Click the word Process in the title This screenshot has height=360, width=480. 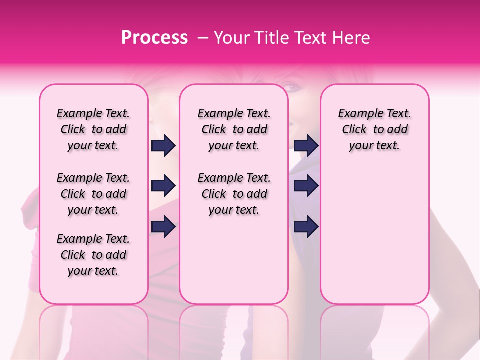pyautogui.click(x=154, y=38)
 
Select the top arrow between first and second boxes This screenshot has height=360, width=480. pyautogui.click(x=163, y=146)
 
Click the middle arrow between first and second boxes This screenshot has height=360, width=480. pyautogui.click(x=163, y=186)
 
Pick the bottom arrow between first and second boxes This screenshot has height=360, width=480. pyautogui.click(x=163, y=227)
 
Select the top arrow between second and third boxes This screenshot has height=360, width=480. pyautogui.click(x=306, y=146)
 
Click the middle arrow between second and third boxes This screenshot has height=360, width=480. pyautogui.click(x=306, y=186)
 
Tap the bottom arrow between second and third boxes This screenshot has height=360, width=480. pyautogui.click(x=306, y=227)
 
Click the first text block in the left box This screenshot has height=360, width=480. pyautogui.click(x=93, y=129)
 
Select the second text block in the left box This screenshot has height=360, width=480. pyautogui.click(x=93, y=194)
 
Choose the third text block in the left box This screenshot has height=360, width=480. pyautogui.click(x=93, y=255)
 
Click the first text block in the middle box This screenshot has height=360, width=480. pyautogui.click(x=234, y=129)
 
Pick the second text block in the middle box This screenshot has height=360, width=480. pyautogui.click(x=234, y=194)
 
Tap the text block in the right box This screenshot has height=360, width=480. pyautogui.click(x=374, y=129)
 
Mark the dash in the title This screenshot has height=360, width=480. pyautogui.click(x=203, y=38)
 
